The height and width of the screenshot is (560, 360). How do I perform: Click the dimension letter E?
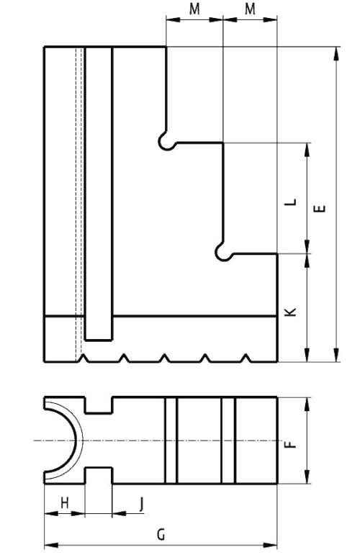[x=321, y=208]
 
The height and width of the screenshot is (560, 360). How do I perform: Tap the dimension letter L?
[x=292, y=202]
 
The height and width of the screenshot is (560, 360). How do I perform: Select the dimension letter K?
[x=292, y=312]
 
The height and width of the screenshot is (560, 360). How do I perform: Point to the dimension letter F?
[x=292, y=444]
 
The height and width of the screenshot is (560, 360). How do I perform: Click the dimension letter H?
[x=64, y=503]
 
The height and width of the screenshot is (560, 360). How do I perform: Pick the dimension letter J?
[x=141, y=504]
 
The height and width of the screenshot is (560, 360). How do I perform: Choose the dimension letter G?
[x=161, y=535]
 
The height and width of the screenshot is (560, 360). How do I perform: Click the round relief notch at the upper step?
[x=166, y=141]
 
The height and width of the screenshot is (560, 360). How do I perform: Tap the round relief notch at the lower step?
[x=224, y=252]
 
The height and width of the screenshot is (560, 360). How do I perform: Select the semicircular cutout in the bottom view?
[x=76, y=441]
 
